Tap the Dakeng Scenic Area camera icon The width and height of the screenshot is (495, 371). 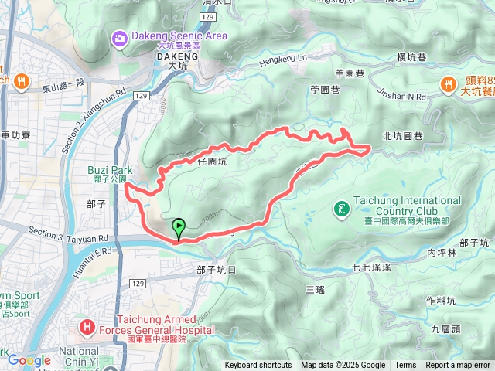120,37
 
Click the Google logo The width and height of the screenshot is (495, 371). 29,359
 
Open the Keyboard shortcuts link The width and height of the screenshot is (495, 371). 258,366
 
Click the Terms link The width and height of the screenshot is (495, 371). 405,366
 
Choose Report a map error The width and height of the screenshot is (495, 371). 459,366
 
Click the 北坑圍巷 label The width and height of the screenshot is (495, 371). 403,137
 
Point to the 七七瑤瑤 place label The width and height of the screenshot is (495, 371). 372,267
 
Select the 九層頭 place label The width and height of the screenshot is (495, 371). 446,328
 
